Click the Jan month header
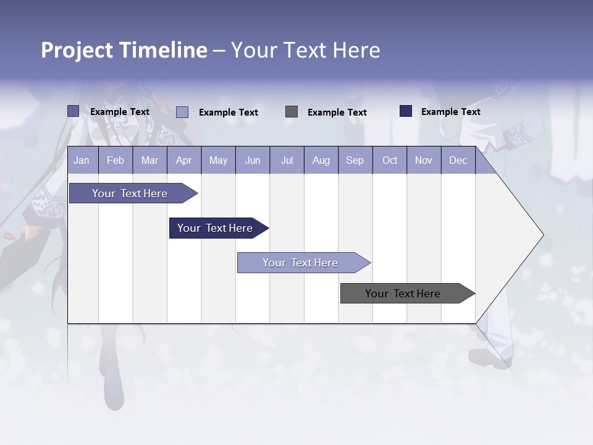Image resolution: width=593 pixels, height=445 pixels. [x=82, y=161]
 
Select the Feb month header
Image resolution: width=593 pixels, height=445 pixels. [x=116, y=161]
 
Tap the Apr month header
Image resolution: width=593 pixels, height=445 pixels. [x=183, y=161]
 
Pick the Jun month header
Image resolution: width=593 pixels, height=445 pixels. [x=253, y=161]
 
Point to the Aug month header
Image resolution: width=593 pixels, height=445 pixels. [x=321, y=161]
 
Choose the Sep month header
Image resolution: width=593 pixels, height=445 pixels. [x=355, y=161]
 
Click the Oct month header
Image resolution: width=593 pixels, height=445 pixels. [x=390, y=161]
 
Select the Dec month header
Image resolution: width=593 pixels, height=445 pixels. [x=458, y=161]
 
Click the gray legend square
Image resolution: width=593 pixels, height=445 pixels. [x=292, y=112]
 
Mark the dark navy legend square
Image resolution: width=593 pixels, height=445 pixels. [x=406, y=111]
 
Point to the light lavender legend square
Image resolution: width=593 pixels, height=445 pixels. [x=182, y=112]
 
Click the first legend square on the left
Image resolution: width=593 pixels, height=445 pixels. [x=74, y=111]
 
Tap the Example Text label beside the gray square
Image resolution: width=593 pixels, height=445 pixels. [x=337, y=112]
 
